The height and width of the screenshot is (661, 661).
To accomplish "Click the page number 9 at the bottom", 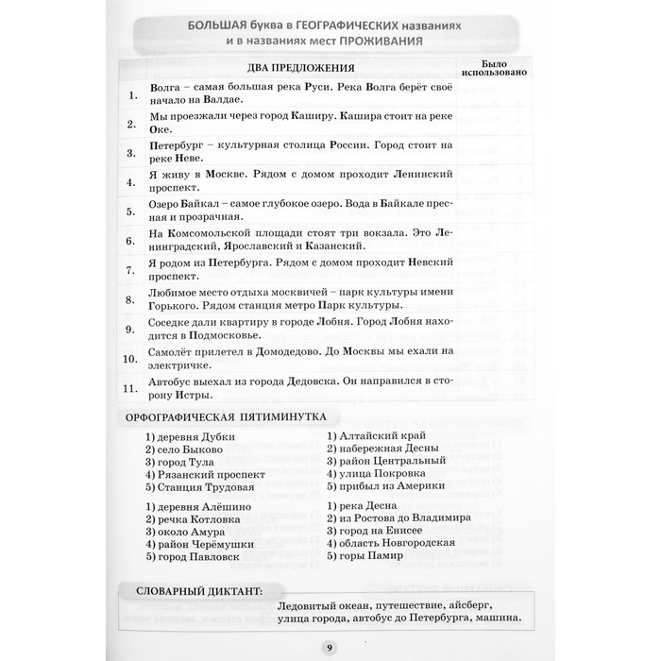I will click(x=330, y=646).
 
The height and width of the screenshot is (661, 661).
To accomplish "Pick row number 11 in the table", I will click(x=131, y=386).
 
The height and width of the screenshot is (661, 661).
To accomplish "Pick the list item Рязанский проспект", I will click(x=207, y=474).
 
